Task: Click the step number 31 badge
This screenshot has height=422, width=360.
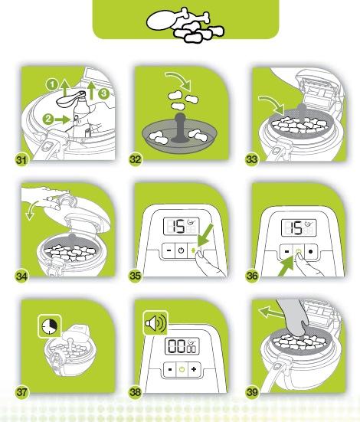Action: click(x=21, y=160)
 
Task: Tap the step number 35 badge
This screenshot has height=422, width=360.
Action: click(x=135, y=276)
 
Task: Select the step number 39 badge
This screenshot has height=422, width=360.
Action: click(x=252, y=392)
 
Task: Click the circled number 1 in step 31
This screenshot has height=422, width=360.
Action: click(x=52, y=85)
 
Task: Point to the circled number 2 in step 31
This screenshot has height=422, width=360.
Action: click(x=48, y=119)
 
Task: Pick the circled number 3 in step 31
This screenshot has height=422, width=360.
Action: click(x=103, y=93)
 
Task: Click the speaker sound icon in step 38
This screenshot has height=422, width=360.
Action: click(x=155, y=322)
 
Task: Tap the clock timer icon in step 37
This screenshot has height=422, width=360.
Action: click(x=50, y=326)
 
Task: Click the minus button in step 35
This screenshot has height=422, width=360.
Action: click(x=169, y=250)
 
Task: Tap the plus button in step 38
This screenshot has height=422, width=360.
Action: click(x=194, y=369)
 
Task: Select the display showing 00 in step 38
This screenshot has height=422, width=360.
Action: click(x=182, y=346)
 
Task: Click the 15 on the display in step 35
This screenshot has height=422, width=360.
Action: click(x=178, y=227)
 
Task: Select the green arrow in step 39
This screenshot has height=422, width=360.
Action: click(x=271, y=313)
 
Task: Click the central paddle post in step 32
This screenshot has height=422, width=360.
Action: click(x=179, y=127)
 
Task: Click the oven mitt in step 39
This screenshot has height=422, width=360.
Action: click(x=294, y=317)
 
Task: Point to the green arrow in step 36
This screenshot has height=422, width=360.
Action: click(x=286, y=266)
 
